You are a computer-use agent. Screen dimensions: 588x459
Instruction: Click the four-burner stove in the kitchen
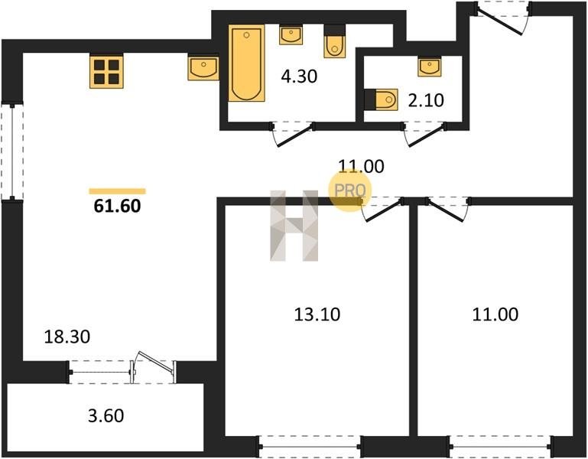[106, 72]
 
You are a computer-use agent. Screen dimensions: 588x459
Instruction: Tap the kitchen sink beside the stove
[203, 69]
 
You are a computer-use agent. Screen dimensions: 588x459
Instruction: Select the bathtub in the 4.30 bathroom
[246, 63]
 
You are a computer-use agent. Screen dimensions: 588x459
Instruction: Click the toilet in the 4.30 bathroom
[334, 41]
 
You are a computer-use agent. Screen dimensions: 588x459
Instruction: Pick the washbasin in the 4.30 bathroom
[291, 35]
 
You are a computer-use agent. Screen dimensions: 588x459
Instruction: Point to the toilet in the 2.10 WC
[381, 99]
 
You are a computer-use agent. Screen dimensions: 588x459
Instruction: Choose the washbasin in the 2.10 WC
[430, 67]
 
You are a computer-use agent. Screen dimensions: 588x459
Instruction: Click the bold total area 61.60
[118, 206]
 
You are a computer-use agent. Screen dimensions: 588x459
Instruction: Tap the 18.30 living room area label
[67, 337]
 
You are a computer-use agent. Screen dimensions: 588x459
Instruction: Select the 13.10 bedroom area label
[317, 314]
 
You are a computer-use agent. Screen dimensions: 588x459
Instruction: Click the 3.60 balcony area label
[106, 416]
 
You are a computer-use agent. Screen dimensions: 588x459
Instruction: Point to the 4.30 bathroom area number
[299, 76]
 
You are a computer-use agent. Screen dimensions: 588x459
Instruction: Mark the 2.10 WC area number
[426, 100]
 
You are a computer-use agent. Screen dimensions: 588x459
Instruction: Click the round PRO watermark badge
[349, 190]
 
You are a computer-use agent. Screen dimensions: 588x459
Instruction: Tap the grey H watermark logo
[294, 226]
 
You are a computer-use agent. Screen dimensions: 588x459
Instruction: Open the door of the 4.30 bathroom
[294, 135]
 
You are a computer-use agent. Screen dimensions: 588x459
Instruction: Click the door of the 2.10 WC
[425, 135]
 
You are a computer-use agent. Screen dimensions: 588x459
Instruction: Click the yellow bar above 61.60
[118, 191]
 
